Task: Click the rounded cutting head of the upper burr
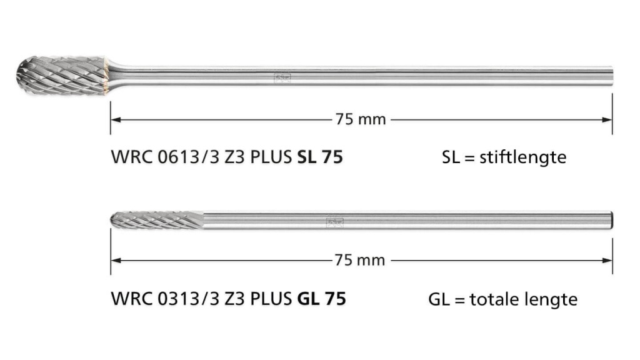point(61,76)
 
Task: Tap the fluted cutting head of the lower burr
point(157,220)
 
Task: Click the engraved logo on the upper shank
point(282,77)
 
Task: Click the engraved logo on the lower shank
point(335,222)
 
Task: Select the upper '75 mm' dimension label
point(361,119)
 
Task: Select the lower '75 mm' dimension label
point(359,260)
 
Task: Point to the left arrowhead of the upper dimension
point(116,119)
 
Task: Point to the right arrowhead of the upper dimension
point(607,119)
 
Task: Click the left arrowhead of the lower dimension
point(116,261)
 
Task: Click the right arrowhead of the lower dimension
point(607,261)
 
